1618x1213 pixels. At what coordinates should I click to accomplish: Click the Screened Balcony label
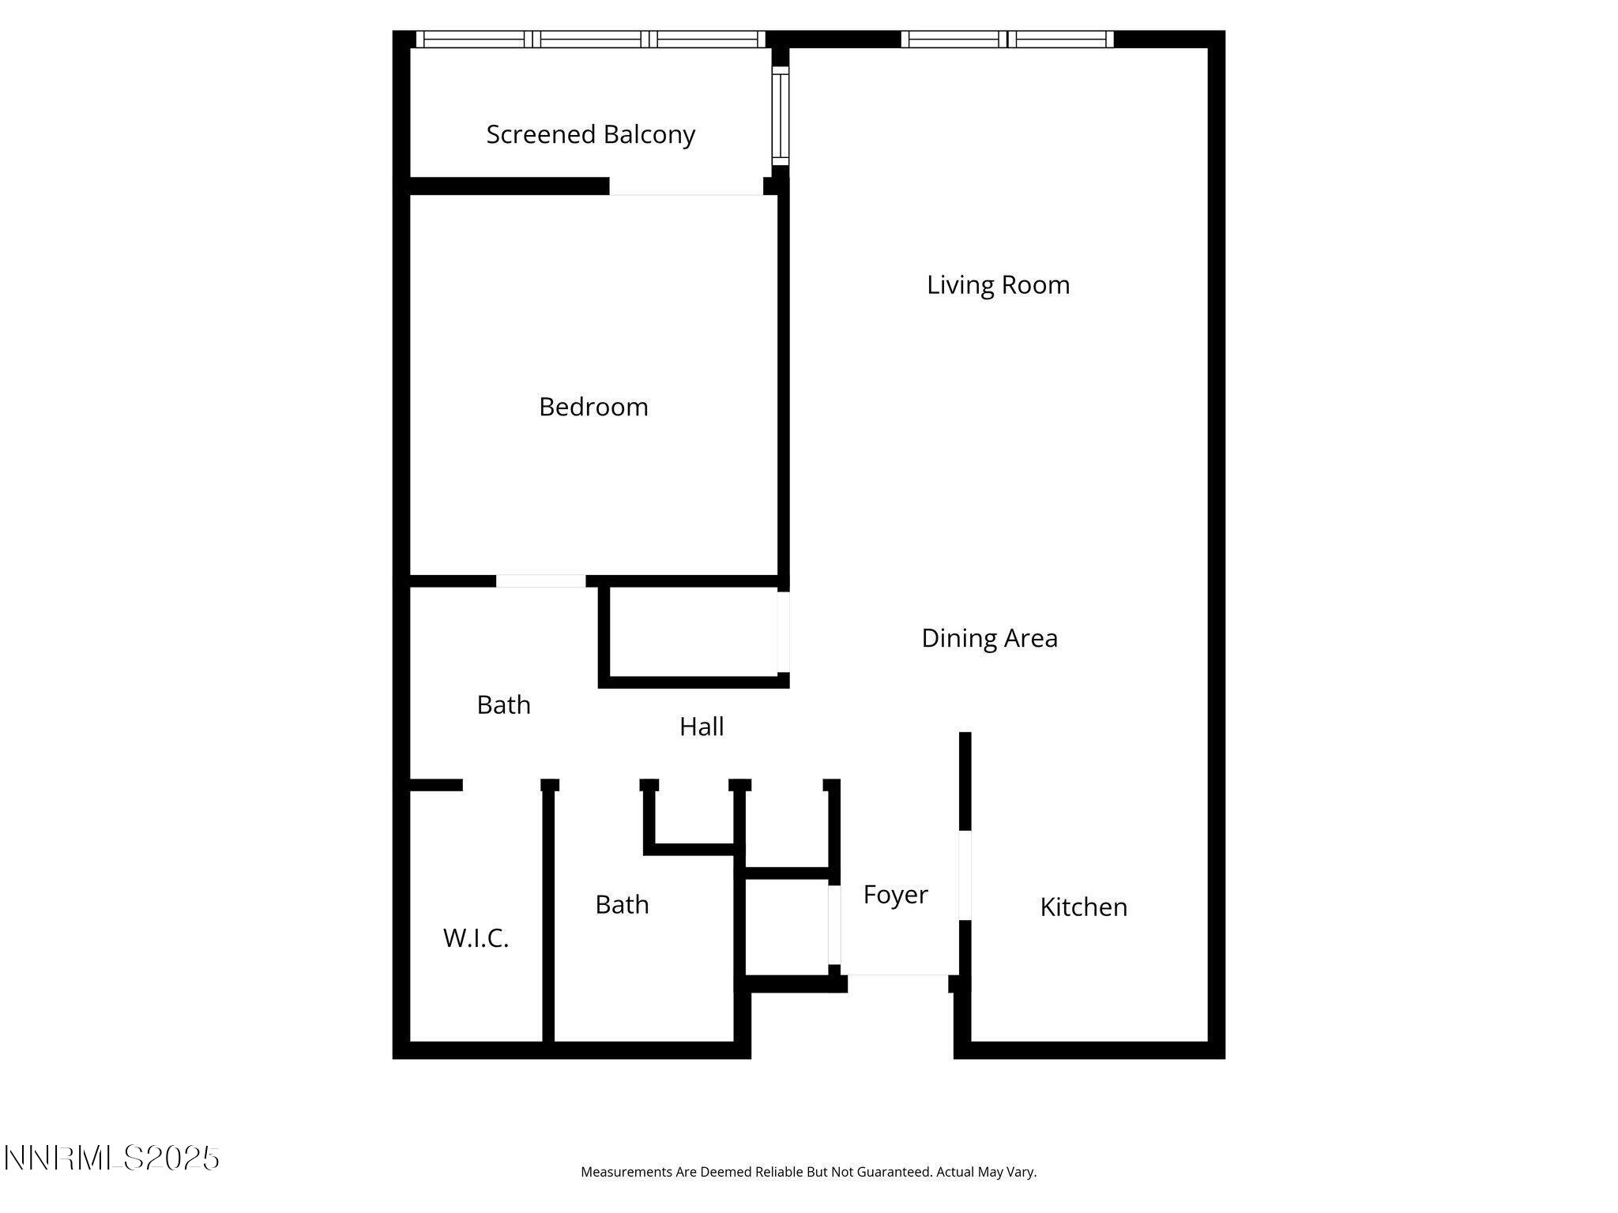click(x=590, y=135)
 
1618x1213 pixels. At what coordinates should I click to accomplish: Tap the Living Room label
click(x=998, y=285)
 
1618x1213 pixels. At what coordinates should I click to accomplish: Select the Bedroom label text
click(x=593, y=407)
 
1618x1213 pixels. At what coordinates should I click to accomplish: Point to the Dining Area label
click(x=989, y=638)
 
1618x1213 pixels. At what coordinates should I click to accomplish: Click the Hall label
click(x=702, y=727)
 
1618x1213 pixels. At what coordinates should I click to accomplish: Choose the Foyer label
click(x=895, y=895)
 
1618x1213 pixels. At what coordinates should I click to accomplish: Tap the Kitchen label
click(x=1083, y=907)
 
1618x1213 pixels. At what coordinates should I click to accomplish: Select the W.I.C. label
click(x=476, y=938)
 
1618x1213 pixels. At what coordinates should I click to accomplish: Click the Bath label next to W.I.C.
click(x=622, y=905)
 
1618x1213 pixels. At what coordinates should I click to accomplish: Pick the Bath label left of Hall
click(x=503, y=704)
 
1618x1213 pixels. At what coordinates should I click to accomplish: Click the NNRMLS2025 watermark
click(x=111, y=1159)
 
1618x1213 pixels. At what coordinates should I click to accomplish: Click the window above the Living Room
click(x=1007, y=39)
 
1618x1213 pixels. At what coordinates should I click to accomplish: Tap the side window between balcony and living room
click(x=781, y=116)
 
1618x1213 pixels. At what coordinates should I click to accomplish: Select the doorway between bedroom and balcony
click(x=686, y=188)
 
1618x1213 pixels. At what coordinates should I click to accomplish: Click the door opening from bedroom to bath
click(x=540, y=581)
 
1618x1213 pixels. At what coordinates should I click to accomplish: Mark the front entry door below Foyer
click(x=897, y=975)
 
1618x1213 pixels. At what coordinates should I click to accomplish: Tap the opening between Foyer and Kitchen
click(x=965, y=875)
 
